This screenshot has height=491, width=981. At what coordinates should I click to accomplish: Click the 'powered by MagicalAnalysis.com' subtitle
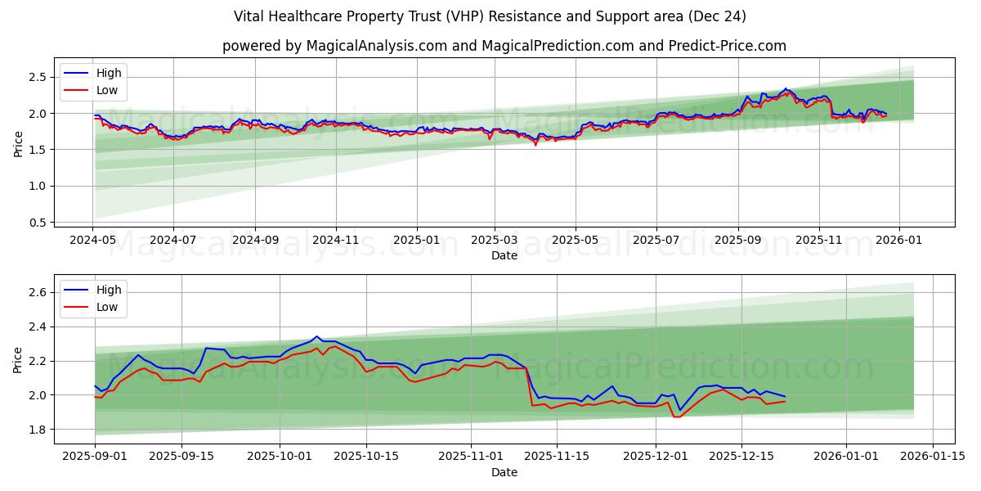click(504, 46)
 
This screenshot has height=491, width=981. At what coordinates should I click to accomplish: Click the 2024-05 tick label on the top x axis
click(92, 241)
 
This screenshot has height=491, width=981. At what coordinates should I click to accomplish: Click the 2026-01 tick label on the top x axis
click(899, 241)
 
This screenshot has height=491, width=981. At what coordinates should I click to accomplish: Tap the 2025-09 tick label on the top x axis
click(737, 241)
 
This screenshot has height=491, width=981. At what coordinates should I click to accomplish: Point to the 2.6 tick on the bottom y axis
click(38, 292)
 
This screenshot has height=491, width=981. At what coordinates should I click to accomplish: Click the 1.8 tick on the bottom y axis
click(38, 430)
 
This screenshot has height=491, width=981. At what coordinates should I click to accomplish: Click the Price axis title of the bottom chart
click(18, 359)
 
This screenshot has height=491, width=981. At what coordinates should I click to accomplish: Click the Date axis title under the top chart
click(504, 255)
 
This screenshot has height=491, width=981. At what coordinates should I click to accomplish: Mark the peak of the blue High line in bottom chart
click(316, 336)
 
